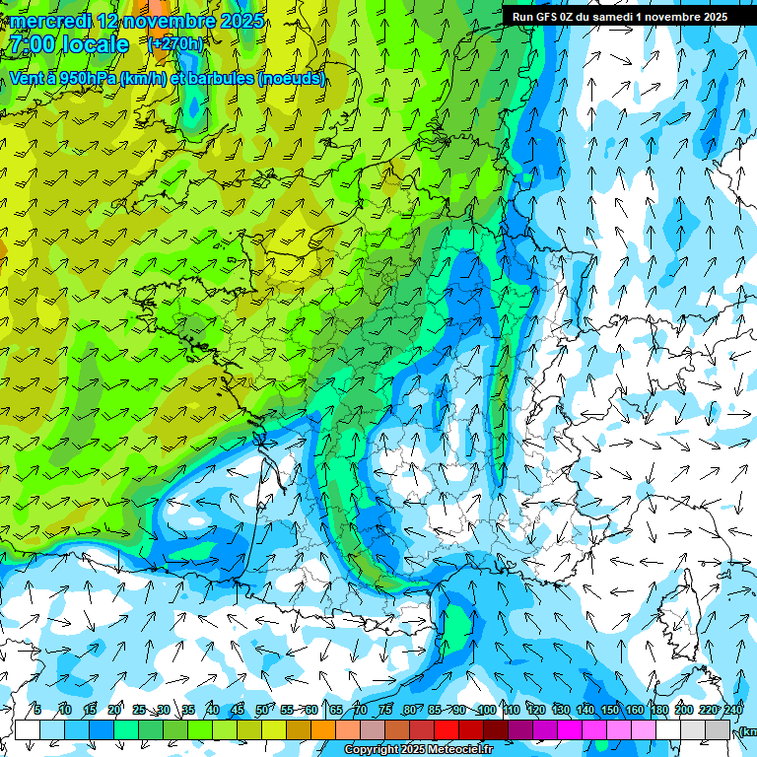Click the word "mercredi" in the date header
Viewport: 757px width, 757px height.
[46, 21]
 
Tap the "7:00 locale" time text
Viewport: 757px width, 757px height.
[69, 44]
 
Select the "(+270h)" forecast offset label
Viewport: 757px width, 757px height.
[175, 44]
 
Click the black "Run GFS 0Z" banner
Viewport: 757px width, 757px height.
[619, 16]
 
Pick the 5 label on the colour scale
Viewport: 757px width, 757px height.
[37, 710]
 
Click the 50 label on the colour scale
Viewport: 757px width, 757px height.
[261, 710]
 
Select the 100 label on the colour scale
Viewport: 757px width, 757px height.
[486, 710]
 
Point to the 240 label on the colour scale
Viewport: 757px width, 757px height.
[733, 710]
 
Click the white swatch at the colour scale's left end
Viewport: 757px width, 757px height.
[28, 729]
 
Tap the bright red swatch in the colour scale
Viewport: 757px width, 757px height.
[447, 729]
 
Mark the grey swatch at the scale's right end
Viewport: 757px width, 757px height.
[718, 729]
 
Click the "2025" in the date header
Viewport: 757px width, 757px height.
[241, 21]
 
